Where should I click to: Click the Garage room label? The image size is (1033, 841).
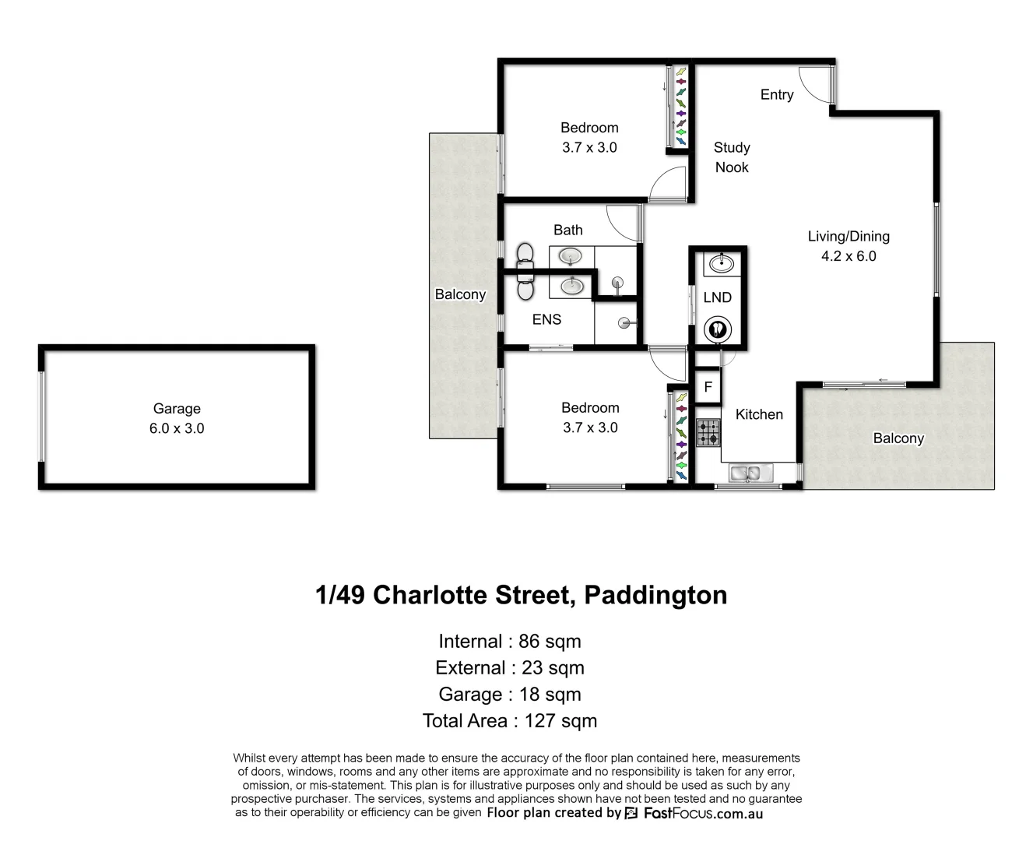pyautogui.click(x=177, y=409)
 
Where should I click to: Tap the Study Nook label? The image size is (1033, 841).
pyautogui.click(x=732, y=157)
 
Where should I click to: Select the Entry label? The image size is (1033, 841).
pyautogui.click(x=777, y=95)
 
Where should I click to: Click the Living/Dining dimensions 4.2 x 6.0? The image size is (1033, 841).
pyautogui.click(x=849, y=256)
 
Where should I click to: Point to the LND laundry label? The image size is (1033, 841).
pyautogui.click(x=717, y=297)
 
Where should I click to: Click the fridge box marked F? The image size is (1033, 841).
pyautogui.click(x=708, y=387)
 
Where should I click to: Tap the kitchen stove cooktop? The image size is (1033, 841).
pyautogui.click(x=708, y=433)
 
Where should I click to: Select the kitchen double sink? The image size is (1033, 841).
pyautogui.click(x=749, y=472)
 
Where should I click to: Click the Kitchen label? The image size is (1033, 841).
pyautogui.click(x=759, y=415)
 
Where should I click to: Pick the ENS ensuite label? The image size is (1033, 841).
pyautogui.click(x=546, y=319)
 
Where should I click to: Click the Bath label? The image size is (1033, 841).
pyautogui.click(x=568, y=230)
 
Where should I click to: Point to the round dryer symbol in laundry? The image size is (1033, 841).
pyautogui.click(x=716, y=329)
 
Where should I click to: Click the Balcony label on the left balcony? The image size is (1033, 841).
pyautogui.click(x=460, y=294)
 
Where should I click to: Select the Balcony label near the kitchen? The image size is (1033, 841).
pyautogui.click(x=898, y=438)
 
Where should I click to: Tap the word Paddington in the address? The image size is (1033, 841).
pyautogui.click(x=655, y=595)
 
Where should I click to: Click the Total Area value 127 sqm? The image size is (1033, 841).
pyautogui.click(x=560, y=721)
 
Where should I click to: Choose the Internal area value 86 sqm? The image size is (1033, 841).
pyautogui.click(x=550, y=642)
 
